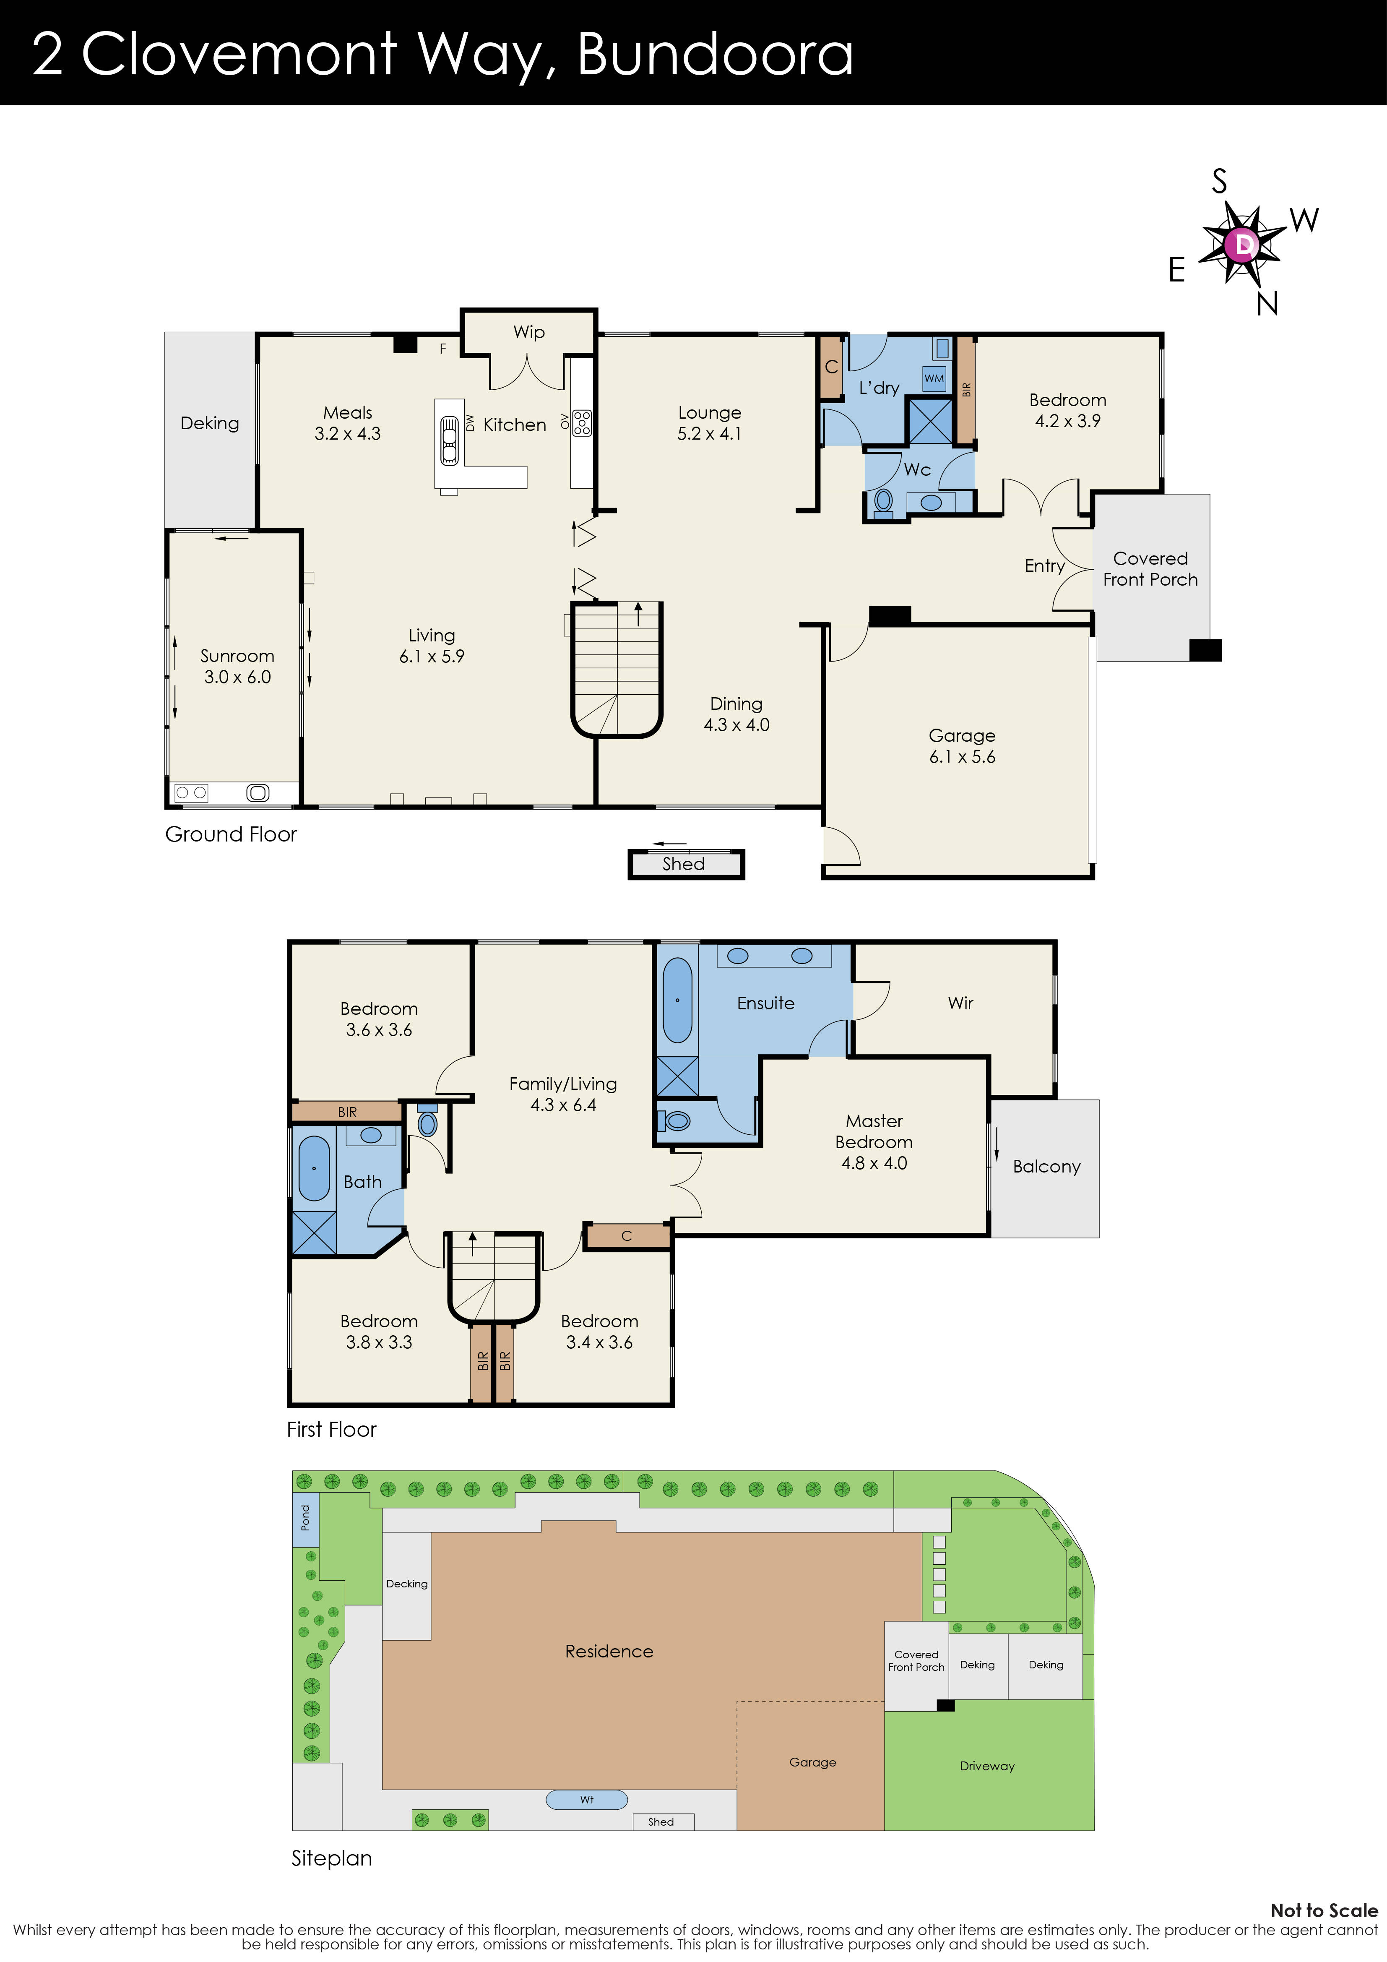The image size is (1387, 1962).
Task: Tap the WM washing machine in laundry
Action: pos(934,378)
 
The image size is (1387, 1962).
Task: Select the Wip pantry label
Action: pos(529,332)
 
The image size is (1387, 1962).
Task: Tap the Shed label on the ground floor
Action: pos(684,864)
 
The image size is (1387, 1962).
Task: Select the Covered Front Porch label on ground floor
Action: pos(1150,569)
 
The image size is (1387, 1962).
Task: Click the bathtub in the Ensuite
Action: pos(678,1000)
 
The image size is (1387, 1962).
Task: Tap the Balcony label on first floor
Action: pos(1046,1167)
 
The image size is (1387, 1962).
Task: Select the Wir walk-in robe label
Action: pos(960,1003)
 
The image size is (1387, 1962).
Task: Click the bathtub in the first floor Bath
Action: pos(314,1168)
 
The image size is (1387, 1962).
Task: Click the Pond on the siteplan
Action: pos(305,1518)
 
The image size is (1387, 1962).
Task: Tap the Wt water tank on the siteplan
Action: pos(586,1800)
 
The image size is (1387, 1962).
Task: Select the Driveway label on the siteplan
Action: pos(987,1767)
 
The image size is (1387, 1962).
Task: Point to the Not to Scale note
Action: pos(1324,1911)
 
